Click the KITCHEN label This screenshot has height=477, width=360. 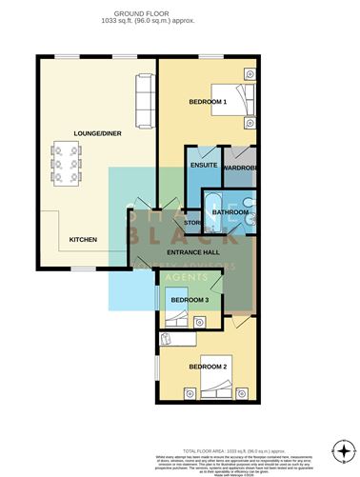(83, 239)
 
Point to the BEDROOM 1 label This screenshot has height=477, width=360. (207, 101)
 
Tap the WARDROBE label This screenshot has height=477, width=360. (242, 168)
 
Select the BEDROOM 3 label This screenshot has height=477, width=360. (190, 300)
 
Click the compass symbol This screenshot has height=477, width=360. (342, 448)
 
